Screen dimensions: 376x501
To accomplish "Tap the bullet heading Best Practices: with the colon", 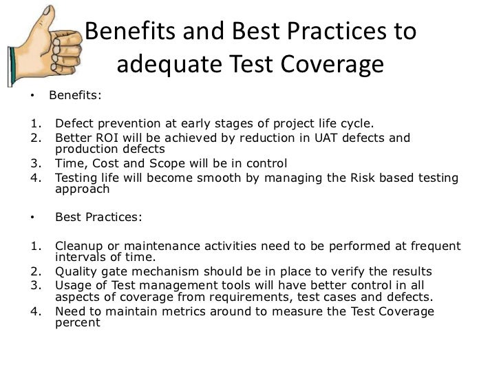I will pyautogui.click(x=98, y=217).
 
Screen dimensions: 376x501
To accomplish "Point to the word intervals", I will pyautogui.click(x=79, y=258).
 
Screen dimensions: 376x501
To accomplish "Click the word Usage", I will pyautogui.click(x=73, y=285).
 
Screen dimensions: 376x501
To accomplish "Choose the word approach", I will pyautogui.click(x=81, y=189).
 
